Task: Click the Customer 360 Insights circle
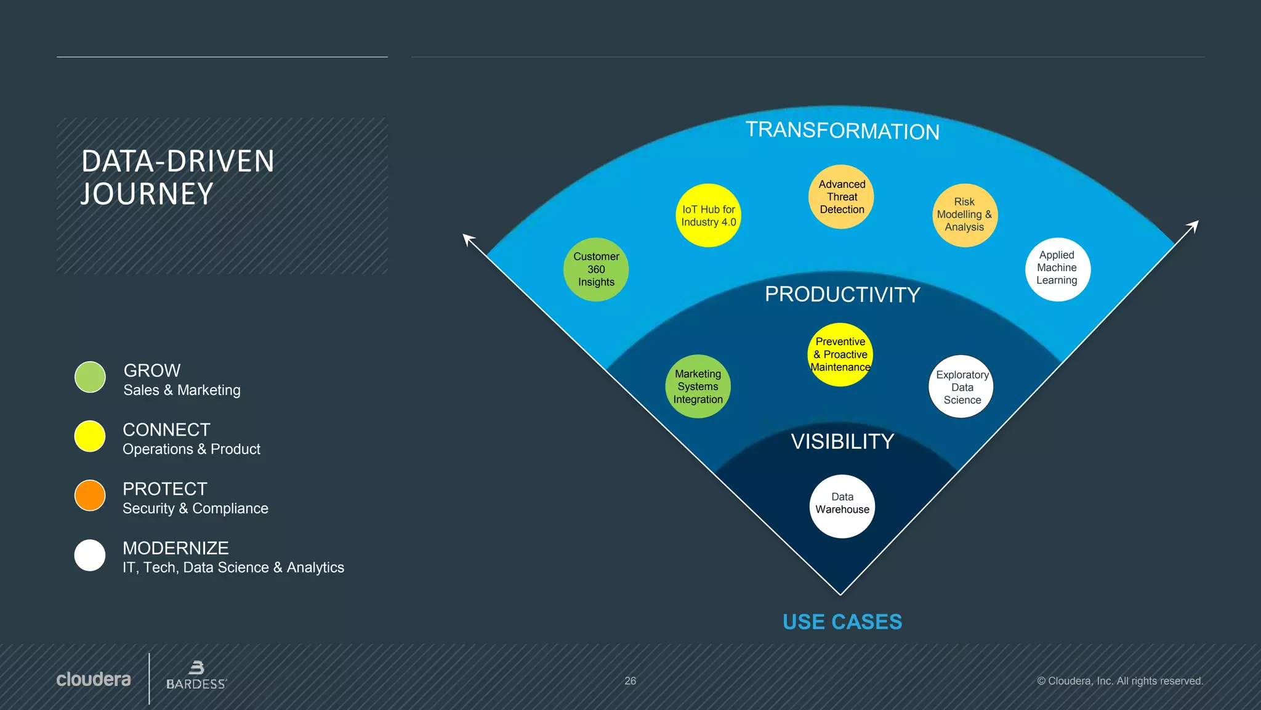596,269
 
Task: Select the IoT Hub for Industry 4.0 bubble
708,216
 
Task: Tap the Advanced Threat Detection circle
841,197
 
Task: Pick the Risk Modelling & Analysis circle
964,215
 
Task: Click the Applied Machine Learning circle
1057,269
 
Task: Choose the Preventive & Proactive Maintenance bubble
840,354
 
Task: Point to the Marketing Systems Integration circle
698,386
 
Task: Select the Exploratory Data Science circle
961,387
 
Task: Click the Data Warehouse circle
842,506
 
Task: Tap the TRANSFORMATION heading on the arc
842,131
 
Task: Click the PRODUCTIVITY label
842,295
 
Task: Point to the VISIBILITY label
842,441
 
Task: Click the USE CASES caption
842,622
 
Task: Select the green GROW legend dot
90,377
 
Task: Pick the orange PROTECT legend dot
90,496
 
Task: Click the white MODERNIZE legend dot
90,555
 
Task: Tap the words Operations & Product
191,449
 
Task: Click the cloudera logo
94,679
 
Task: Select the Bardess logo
196,676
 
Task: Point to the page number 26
630,681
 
